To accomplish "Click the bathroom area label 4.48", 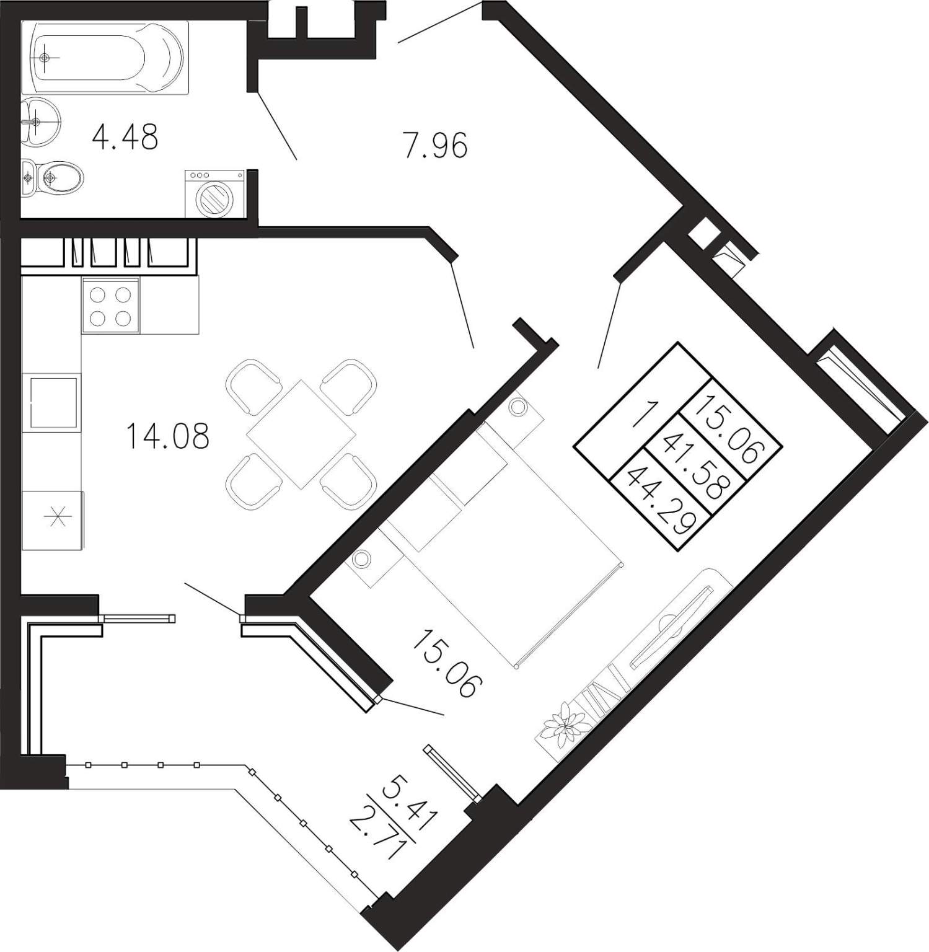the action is click(x=125, y=137).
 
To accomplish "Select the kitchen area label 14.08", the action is click(x=167, y=436).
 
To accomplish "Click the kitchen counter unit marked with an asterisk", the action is click(x=53, y=519).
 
